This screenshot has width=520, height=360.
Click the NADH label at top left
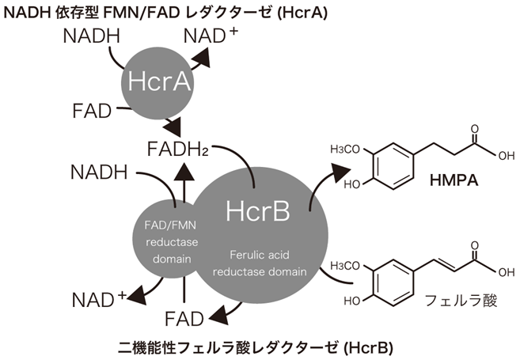point(91,36)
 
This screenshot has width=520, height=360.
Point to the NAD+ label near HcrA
point(212,36)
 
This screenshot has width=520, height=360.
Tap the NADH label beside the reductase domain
point(99,171)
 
